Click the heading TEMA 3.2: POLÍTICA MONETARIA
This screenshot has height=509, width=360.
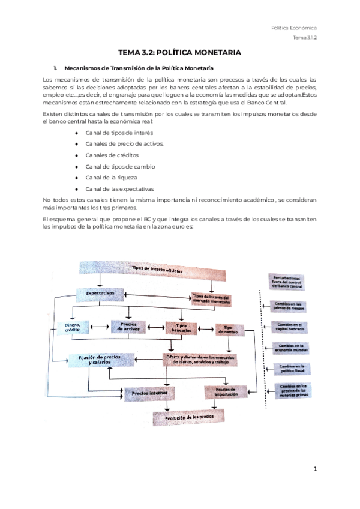179,53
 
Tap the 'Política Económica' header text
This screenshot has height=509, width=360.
294,28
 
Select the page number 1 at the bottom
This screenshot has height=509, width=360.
314,469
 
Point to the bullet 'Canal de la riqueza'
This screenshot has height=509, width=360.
111,178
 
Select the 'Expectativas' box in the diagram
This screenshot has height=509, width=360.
100,293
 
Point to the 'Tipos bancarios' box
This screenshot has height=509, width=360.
181,328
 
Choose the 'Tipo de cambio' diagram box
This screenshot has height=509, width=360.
228,330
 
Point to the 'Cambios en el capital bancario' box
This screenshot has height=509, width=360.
290,326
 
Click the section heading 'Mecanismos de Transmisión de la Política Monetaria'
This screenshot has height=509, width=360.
138,67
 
